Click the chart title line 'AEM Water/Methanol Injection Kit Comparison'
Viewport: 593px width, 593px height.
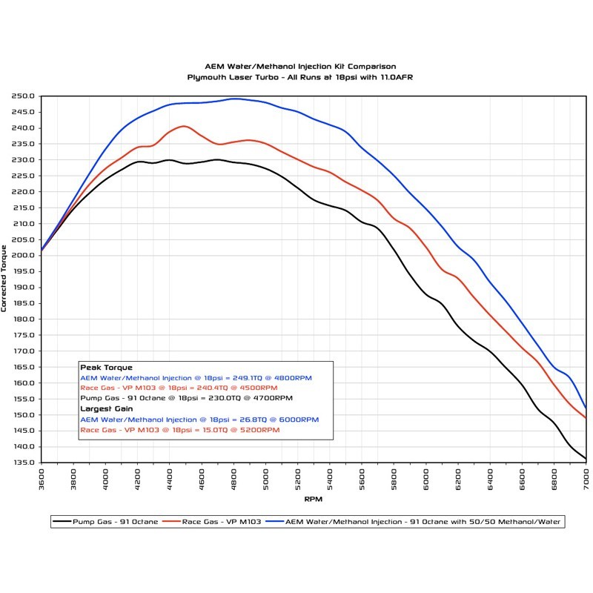300,67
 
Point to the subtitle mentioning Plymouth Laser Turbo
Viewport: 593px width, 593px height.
300,77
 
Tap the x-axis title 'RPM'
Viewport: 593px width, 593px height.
314,498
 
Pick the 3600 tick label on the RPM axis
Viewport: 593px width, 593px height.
42,477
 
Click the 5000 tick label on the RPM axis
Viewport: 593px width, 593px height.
266,477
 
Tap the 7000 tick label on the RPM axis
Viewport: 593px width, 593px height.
586,477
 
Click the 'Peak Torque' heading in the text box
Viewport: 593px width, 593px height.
106,368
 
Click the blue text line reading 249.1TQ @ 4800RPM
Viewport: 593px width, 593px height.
196,377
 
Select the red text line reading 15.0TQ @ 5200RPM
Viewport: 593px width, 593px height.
179,429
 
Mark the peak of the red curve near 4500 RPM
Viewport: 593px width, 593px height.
184,126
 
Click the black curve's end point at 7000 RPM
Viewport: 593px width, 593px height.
586,459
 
